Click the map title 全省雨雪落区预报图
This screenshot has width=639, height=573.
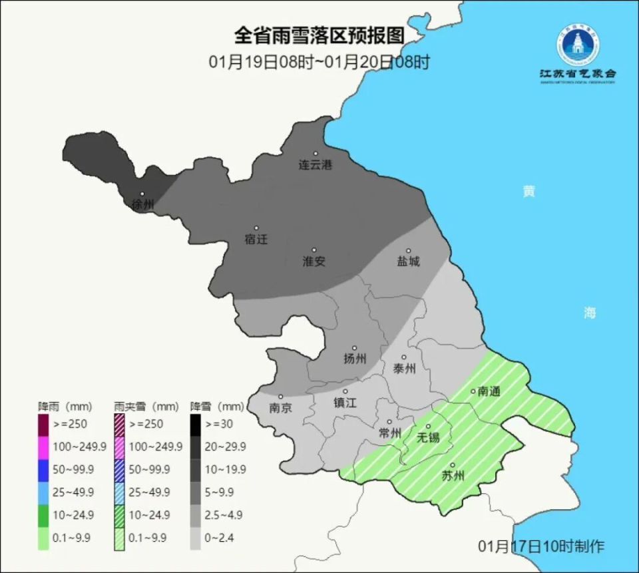pyautogui.click(x=319, y=35)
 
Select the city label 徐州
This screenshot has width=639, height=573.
pyautogui.click(x=142, y=204)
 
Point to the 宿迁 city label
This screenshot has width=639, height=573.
pyautogui.click(x=256, y=239)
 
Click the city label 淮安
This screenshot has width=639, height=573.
pyautogui.click(x=314, y=262)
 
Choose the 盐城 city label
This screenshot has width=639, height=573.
pyautogui.click(x=409, y=262)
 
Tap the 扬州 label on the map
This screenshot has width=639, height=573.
pyautogui.click(x=355, y=359)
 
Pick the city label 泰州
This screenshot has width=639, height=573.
pyautogui.click(x=404, y=369)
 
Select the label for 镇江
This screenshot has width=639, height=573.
pyautogui.click(x=345, y=403)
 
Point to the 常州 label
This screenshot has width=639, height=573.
pyautogui.click(x=389, y=433)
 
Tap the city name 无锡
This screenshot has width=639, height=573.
pyautogui.click(x=428, y=437)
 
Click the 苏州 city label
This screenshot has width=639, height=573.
pyautogui.click(x=453, y=476)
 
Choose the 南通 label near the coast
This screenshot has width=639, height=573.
pyautogui.click(x=489, y=391)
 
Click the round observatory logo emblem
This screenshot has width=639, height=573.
pyautogui.click(x=578, y=45)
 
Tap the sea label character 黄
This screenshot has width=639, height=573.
pyautogui.click(x=529, y=192)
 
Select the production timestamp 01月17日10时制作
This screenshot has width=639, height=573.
pyautogui.click(x=541, y=546)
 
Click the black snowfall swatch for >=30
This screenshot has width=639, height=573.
pyautogui.click(x=196, y=423)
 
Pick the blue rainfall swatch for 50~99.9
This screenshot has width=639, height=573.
pyautogui.click(x=44, y=469)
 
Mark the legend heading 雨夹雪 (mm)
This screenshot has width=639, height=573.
pyautogui.click(x=146, y=405)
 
